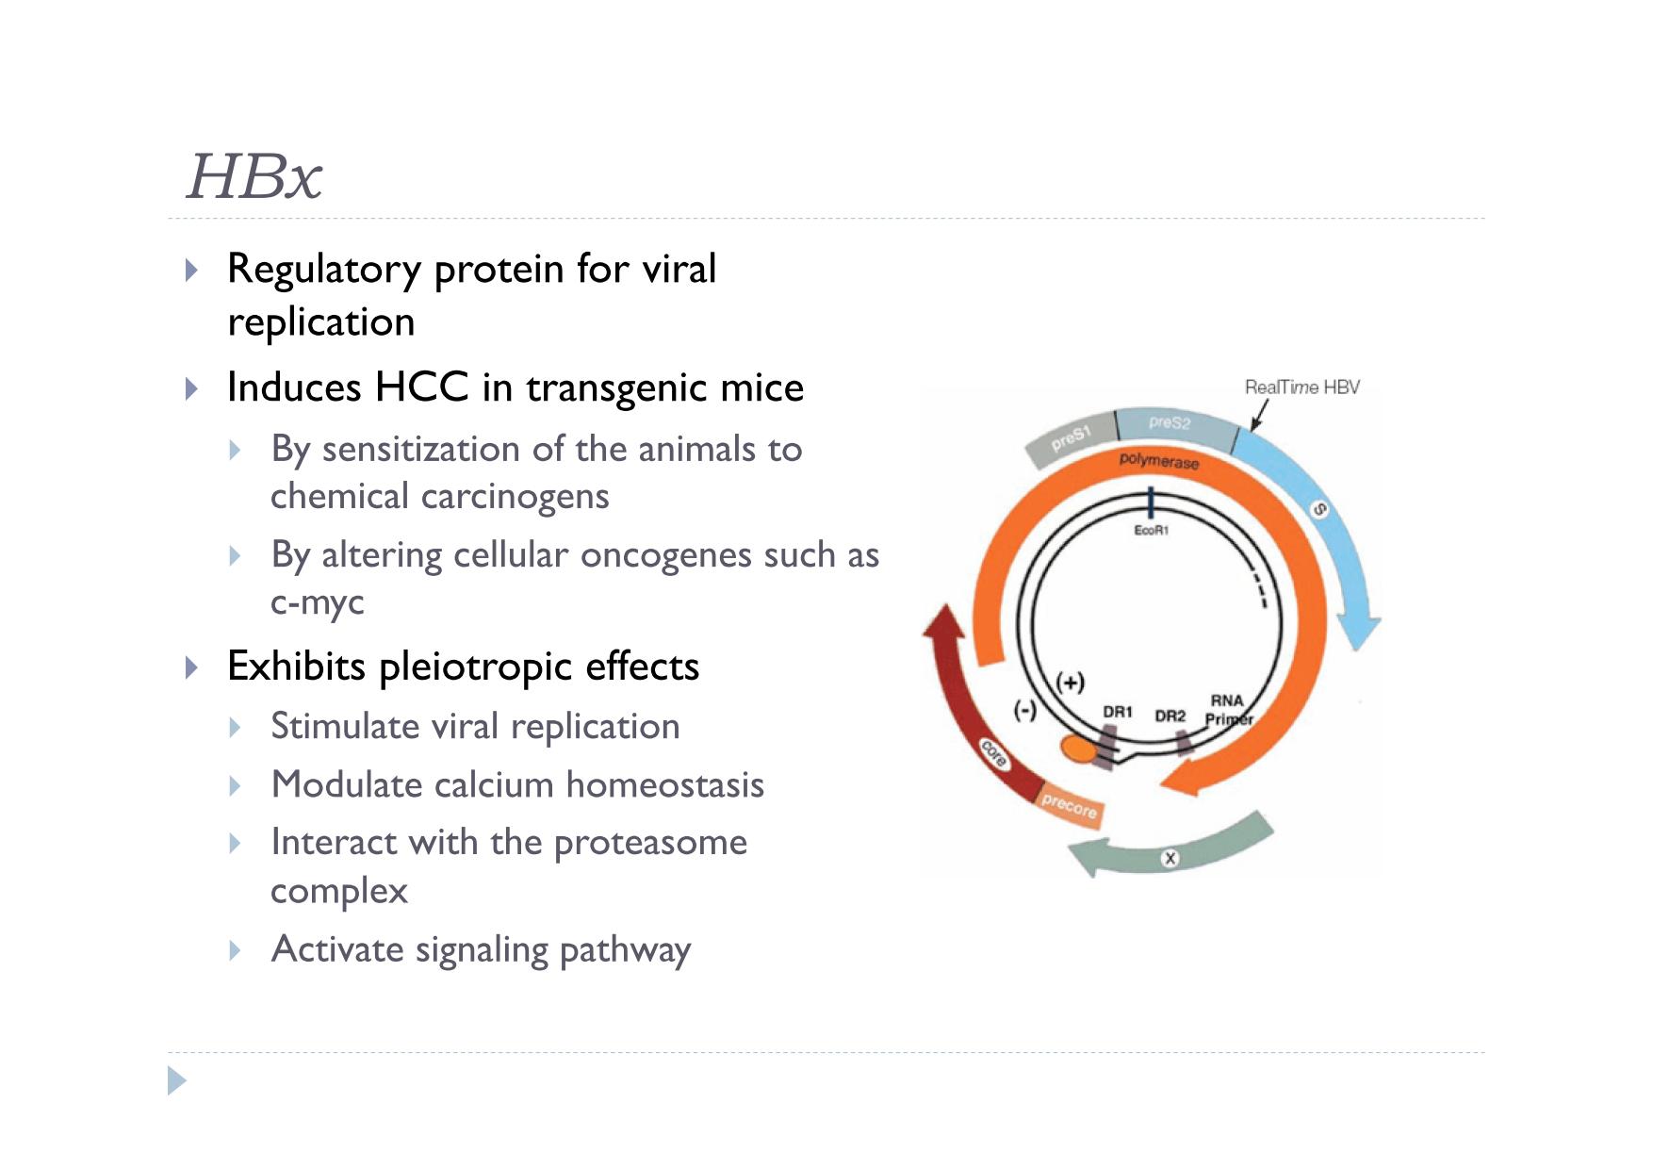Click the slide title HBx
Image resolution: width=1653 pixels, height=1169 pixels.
[254, 176]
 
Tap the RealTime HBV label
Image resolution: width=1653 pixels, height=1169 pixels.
[1301, 387]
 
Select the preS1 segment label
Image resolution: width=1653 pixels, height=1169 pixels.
[1071, 438]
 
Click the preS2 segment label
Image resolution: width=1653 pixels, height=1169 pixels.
[1170, 422]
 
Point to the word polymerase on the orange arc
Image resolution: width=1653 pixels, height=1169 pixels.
[1159, 461]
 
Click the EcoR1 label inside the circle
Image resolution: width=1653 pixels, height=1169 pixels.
[1151, 531]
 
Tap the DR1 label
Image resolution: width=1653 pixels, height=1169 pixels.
[1118, 712]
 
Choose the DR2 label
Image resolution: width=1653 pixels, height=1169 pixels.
[1170, 716]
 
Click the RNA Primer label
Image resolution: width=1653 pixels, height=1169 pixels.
[1229, 710]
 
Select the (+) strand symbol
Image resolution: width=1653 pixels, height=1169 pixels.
[1070, 682]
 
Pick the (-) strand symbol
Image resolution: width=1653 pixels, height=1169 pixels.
[1024, 710]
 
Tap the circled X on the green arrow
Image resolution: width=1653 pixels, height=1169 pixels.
[1170, 858]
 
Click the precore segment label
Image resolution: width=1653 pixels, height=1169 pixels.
[1069, 806]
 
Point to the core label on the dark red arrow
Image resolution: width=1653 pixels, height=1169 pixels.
[994, 753]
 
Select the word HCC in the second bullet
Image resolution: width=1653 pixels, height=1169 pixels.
[421, 387]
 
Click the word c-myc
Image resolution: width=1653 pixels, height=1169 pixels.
[318, 603]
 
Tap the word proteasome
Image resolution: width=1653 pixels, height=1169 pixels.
[650, 844]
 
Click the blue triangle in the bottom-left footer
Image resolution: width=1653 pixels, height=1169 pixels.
[177, 1080]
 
